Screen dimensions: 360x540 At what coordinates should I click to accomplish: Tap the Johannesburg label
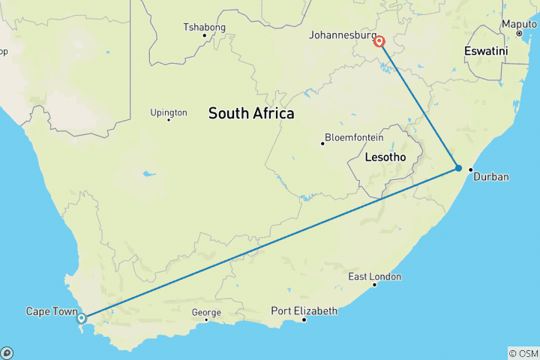coord(343,35)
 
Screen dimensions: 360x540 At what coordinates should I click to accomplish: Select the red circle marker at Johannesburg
coord(379,42)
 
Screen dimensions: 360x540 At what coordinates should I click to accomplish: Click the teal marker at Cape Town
coord(82,319)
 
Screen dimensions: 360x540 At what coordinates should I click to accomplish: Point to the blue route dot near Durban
coord(458,168)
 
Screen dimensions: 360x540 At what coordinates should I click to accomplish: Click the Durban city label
coord(492,177)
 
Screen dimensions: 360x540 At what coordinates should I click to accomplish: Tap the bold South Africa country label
coord(251,114)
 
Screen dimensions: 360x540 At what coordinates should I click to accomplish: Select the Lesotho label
coord(385,158)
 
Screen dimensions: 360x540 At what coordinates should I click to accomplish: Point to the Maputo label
coord(519,24)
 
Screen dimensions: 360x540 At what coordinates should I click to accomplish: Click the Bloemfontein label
coord(354,138)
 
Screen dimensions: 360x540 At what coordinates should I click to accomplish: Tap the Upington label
coord(168,112)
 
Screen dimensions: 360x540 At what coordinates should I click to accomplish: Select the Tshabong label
coord(204,28)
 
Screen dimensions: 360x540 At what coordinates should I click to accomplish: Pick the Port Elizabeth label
coord(304,310)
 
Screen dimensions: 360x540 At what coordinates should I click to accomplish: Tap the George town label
coord(206,313)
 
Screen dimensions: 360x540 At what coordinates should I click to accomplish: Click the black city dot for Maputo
coord(518,34)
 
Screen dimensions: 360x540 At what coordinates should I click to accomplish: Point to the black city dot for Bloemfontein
coord(322,142)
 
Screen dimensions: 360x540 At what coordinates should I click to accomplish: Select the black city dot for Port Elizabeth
coord(304,320)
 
